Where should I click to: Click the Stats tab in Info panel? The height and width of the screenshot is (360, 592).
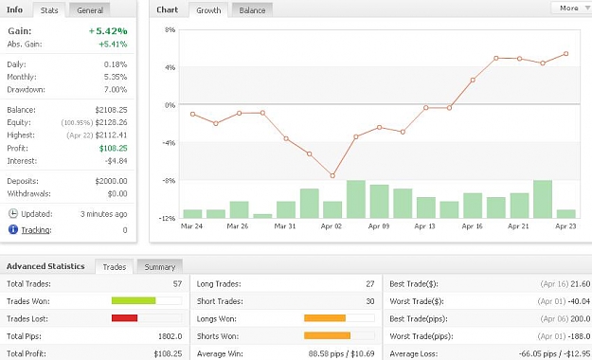tap(49, 10)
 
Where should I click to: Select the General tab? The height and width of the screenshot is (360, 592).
tap(90, 10)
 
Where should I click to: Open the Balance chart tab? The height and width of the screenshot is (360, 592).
tap(252, 10)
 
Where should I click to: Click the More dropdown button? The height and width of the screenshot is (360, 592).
tap(571, 8)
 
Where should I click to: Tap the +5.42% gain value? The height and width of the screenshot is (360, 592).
tap(108, 31)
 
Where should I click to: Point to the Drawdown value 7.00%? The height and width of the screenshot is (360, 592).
tap(116, 90)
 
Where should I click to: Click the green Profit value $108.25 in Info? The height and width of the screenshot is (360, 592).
tap(114, 148)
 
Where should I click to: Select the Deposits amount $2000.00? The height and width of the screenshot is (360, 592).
tap(112, 181)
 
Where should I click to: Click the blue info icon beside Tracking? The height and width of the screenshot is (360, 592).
tap(13, 229)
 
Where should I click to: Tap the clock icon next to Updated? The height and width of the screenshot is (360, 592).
tap(13, 213)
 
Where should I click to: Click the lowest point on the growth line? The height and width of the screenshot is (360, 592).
tap(332, 175)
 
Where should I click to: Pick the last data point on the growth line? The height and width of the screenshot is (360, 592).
tap(565, 54)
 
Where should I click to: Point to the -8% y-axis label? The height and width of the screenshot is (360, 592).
tap(169, 181)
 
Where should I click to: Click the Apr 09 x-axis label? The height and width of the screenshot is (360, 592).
tap(379, 226)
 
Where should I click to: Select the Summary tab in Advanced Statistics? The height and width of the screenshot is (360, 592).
tap(160, 267)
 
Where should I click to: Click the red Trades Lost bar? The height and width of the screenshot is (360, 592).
tap(125, 318)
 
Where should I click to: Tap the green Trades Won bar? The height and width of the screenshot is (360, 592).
tap(134, 300)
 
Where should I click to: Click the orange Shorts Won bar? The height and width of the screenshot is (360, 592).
tap(328, 335)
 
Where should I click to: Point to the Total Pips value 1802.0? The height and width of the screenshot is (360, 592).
tap(170, 336)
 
